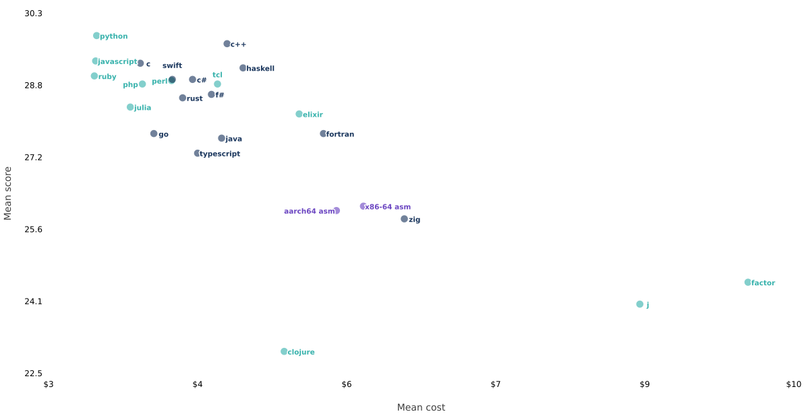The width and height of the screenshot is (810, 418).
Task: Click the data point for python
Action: (96, 36)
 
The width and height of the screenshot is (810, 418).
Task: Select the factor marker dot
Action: (748, 282)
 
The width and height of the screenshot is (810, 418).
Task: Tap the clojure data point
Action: (284, 351)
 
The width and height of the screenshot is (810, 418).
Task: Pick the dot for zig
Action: (404, 218)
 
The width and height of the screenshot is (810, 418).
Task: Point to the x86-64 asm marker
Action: (363, 206)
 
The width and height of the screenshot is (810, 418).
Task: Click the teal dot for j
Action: (639, 304)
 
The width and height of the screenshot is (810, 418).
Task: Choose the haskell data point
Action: (243, 68)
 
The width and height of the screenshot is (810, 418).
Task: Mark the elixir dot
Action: (299, 114)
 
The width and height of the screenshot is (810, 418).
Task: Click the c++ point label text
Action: (238, 44)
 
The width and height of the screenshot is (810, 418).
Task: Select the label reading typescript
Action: (220, 154)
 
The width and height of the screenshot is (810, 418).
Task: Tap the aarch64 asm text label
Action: (310, 211)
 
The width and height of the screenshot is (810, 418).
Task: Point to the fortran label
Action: (340, 134)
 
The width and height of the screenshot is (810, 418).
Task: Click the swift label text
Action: (172, 65)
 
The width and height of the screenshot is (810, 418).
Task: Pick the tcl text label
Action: (217, 75)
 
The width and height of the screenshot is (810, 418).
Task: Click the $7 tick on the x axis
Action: (496, 384)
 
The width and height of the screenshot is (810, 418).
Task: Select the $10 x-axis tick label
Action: (793, 384)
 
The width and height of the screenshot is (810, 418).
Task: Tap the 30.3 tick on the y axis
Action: (33, 13)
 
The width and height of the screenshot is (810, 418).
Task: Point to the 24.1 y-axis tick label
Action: (33, 301)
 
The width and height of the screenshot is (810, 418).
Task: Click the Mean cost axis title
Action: (421, 407)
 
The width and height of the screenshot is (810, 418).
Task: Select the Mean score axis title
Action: (7, 193)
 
